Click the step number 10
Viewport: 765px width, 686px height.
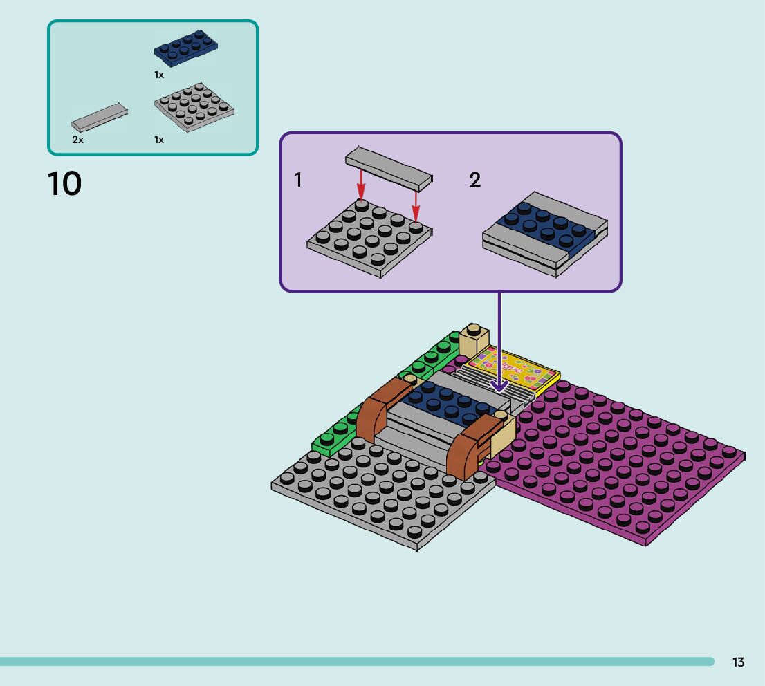(64, 184)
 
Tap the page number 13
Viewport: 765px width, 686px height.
(738, 662)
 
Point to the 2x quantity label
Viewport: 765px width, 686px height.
(77, 140)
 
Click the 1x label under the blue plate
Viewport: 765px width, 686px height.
(159, 75)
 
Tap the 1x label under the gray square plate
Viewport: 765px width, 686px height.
(159, 140)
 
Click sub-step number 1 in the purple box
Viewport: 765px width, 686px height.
(298, 180)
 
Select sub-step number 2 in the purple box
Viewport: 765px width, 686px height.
(474, 180)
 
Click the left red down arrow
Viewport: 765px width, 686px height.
(360, 184)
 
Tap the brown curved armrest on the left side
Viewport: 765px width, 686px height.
(385, 406)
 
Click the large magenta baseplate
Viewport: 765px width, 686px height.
(616, 463)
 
